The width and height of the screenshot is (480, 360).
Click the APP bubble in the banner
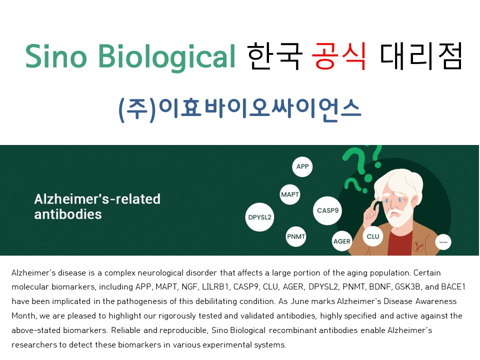[302, 166]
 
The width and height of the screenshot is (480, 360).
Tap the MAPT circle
[289, 194]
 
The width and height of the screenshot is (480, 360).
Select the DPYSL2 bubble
[259, 217]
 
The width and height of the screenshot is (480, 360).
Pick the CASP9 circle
[327, 210]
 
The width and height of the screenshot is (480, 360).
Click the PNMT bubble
[296, 236]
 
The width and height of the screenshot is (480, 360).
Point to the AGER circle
[342, 241]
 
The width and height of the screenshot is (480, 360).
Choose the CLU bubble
[373, 236]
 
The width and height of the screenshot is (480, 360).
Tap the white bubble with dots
[443, 242]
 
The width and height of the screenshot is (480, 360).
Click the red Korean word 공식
[339, 56]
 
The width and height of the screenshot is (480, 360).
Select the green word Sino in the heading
[56, 56]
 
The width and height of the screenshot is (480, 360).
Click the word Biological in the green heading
[167, 57]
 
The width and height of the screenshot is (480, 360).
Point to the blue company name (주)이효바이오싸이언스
[239, 110]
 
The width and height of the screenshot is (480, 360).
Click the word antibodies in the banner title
[68, 214]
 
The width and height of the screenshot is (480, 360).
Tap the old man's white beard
[397, 216]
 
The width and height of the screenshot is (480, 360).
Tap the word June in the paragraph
[299, 301]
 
